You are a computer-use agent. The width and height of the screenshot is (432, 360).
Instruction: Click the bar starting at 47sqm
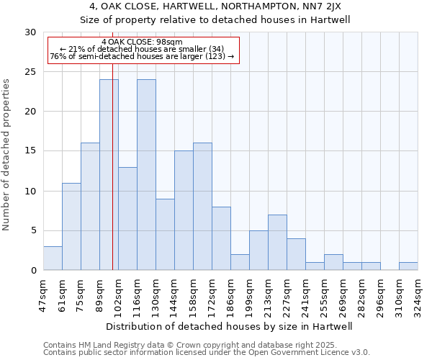point(53,258)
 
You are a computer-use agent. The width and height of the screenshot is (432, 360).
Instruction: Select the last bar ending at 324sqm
point(408,266)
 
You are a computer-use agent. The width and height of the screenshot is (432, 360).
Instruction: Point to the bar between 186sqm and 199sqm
point(240,262)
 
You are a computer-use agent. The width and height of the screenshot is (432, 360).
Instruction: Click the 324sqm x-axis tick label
point(418,293)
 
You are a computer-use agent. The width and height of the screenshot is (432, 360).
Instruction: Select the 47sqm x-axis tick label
point(43,293)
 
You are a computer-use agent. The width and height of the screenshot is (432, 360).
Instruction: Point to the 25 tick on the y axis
point(30,72)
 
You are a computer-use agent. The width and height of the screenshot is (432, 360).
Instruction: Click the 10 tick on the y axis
point(30,191)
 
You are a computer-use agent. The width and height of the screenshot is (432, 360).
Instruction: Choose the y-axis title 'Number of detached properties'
point(7,155)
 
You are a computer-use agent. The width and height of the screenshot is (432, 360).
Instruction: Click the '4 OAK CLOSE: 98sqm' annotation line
point(142,42)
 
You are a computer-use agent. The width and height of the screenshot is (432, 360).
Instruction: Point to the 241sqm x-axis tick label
point(305,293)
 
